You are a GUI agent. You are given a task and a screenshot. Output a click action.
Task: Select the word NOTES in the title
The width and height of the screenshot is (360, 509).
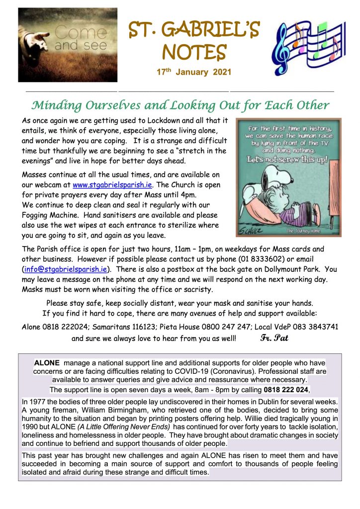[194, 52]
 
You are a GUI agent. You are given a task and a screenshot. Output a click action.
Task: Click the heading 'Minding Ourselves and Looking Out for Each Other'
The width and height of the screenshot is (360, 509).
[180, 105]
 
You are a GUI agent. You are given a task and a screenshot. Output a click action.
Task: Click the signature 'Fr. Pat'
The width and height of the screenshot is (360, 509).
[274, 339]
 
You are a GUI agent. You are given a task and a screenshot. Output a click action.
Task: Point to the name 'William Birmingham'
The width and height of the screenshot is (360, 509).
[102, 410]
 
